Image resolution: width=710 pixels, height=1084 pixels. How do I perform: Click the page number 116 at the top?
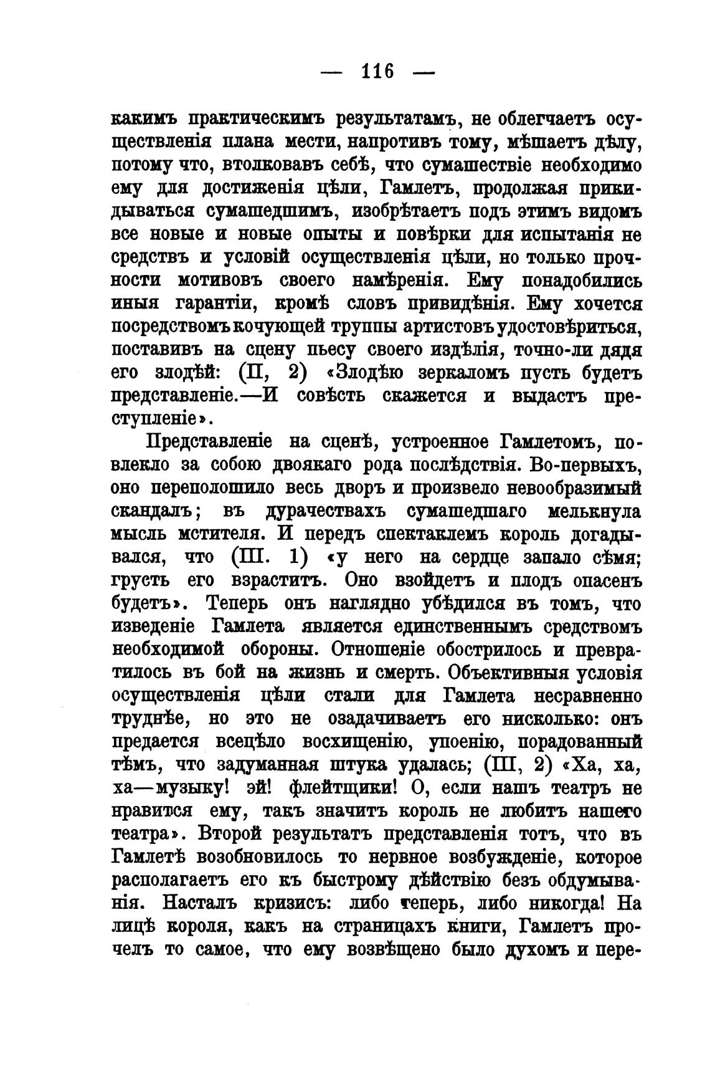377,72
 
